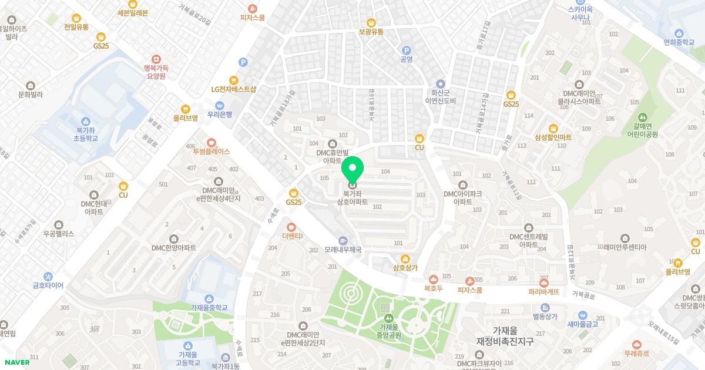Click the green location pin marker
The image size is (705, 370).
coord(352,170)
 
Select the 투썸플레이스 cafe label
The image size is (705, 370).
coord(211,151)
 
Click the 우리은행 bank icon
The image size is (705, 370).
coord(219,106)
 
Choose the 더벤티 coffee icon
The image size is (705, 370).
coord(291,227)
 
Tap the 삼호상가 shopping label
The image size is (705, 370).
coord(405,268)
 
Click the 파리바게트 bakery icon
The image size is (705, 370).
coord(544,282)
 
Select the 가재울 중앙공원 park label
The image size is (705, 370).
coord(390,331)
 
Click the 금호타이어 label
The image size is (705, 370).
coord(48,285)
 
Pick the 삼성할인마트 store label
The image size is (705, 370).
coord(553,137)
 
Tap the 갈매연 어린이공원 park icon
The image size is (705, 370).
coord(642,117)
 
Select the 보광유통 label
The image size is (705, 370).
coord(371,32)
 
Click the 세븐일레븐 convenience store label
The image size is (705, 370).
coord(133,12)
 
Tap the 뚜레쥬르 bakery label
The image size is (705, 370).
coord(636,354)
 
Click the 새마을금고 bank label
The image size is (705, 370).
coord(583,324)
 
